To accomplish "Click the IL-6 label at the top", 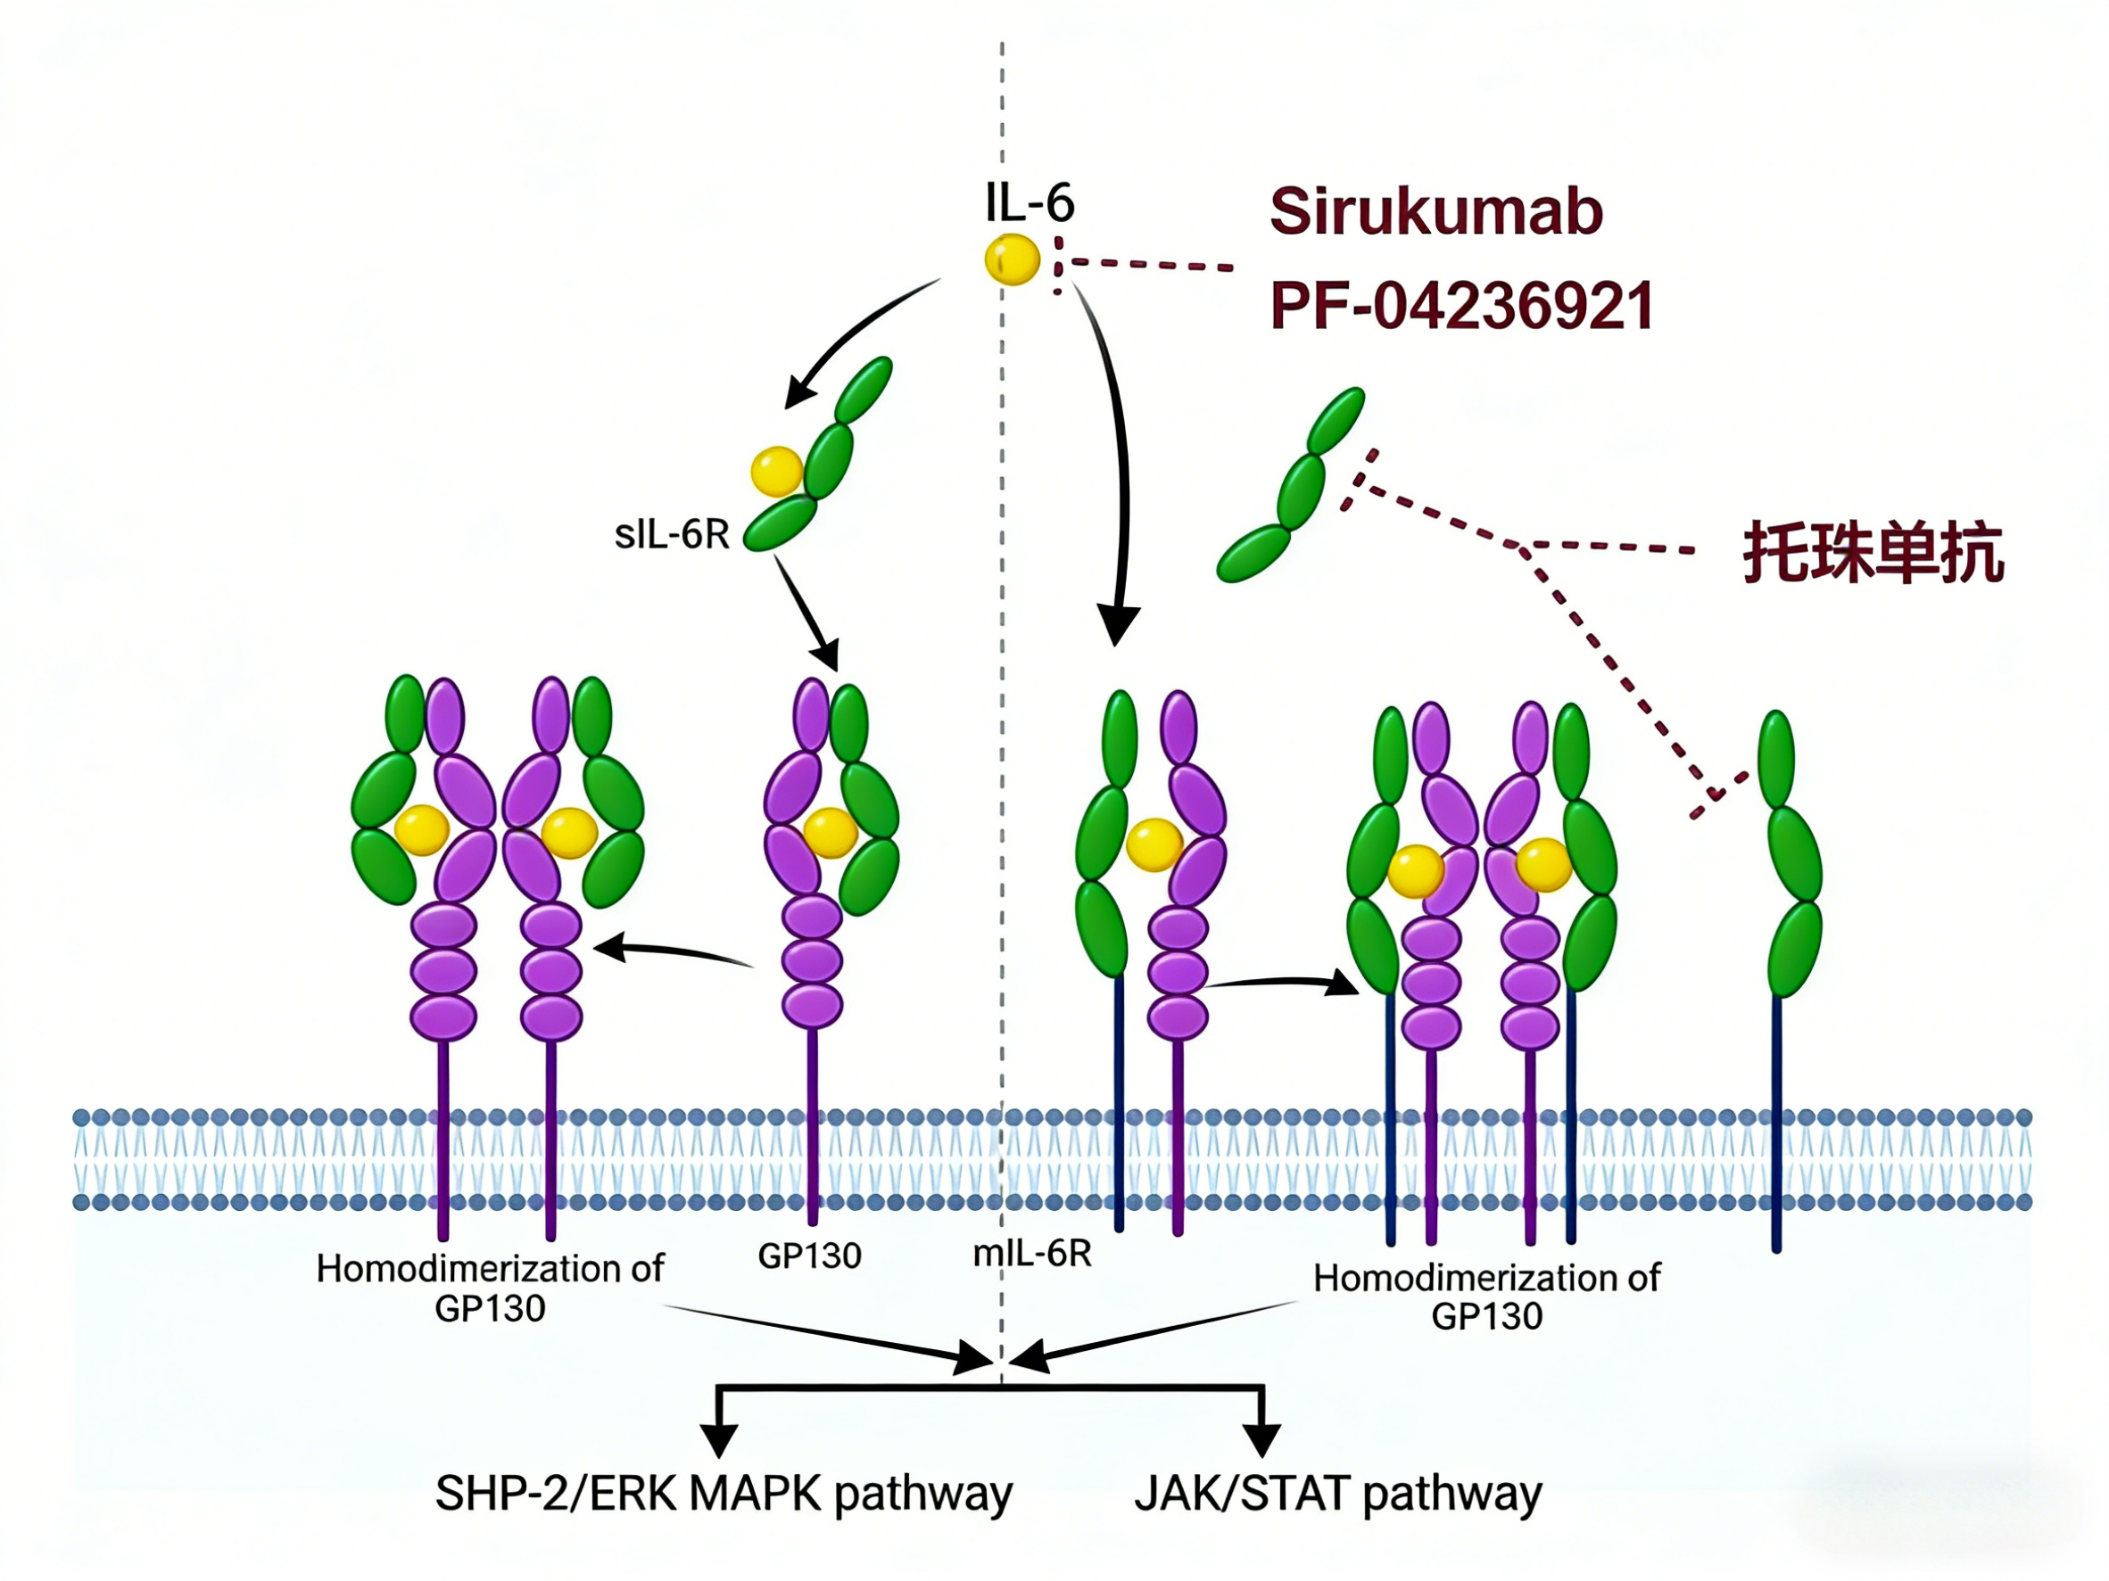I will (x=1030, y=203).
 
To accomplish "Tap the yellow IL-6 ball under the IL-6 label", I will (x=1012, y=259).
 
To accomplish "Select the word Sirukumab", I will (x=1435, y=211).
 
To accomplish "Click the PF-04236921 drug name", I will (x=1461, y=307).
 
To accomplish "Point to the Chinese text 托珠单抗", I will (x=1873, y=553).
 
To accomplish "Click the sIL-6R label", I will (x=672, y=535).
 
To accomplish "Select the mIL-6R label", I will (x=1031, y=1253).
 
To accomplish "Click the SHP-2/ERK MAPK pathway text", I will (x=724, y=1495).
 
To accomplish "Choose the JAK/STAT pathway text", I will (x=1337, y=1495).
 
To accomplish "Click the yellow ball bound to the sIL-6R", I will (x=776, y=472).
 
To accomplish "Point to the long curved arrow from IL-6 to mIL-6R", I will (x=1121, y=457).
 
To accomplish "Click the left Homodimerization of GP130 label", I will (x=490, y=1289).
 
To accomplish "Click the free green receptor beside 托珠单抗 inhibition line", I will (x=1292, y=486).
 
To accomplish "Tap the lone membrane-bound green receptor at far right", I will (x=1785, y=858).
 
